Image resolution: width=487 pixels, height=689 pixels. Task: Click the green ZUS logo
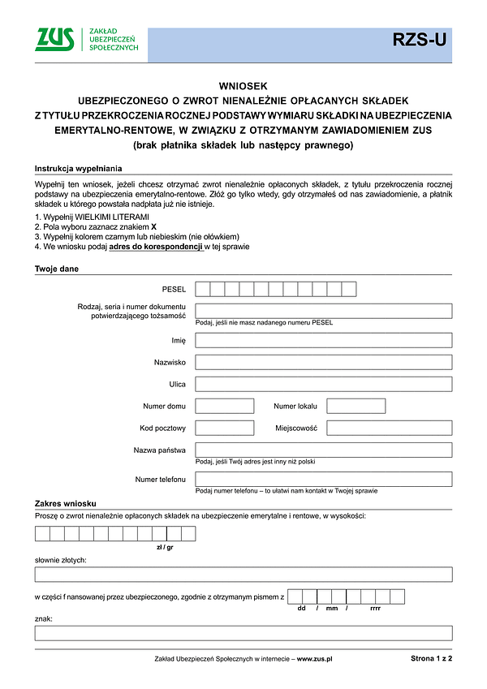[x=54, y=39]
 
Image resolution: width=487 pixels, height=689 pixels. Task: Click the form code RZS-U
[x=419, y=40]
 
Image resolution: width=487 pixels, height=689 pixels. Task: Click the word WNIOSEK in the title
[x=243, y=85]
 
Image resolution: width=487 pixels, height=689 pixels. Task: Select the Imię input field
[x=324, y=340]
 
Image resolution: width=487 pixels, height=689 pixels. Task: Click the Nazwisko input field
[x=324, y=362]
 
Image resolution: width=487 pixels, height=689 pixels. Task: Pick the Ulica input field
[x=324, y=384]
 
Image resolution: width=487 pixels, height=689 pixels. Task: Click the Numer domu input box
[x=225, y=406]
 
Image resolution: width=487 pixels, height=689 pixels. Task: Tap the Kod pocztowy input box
[x=225, y=428]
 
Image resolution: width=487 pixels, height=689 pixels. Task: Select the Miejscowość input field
[x=389, y=428]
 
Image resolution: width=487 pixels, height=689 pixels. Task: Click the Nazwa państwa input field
[x=324, y=450]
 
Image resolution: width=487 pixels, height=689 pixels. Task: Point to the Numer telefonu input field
[x=324, y=479]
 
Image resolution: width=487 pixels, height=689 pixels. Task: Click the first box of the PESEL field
[x=203, y=289]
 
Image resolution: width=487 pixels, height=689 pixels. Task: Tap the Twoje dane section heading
[x=57, y=269]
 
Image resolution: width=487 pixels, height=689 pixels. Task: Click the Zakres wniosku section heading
[x=66, y=504]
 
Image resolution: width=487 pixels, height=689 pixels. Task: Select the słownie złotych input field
[x=243, y=575]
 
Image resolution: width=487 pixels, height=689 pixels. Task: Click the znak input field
[x=243, y=633]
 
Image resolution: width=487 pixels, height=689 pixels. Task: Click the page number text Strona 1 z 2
[x=431, y=660]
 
